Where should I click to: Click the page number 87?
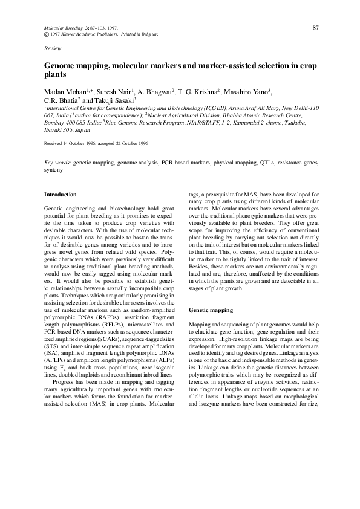(315, 27)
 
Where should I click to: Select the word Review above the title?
(53, 47)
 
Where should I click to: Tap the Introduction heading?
(61, 195)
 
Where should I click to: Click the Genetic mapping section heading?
(211, 310)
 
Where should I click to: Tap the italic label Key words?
(58, 163)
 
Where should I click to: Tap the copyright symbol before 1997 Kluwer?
(47, 34)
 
